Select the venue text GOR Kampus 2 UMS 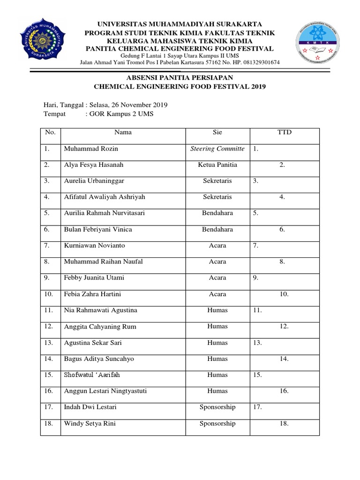121,114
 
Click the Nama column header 123,133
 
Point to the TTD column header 285,133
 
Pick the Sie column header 217,133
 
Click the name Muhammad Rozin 91,149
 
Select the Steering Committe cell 217,149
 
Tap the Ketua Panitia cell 217,165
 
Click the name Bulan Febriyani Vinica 97,229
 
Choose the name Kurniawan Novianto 94,245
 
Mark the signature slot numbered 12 282,326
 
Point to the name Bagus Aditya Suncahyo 99,359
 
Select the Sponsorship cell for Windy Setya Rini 217,423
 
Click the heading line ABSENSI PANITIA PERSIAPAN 180,77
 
